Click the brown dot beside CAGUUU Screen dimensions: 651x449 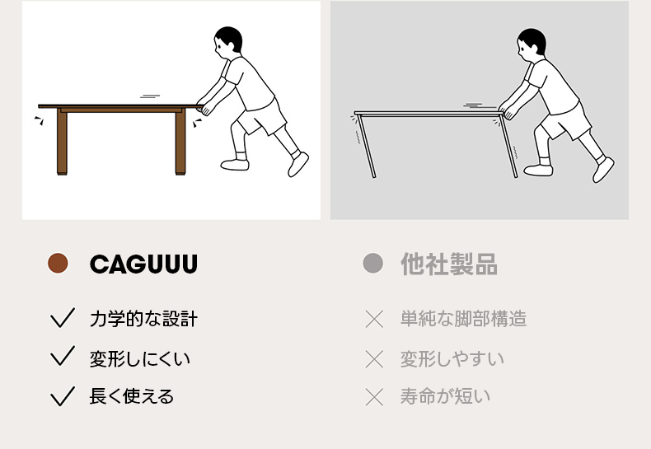(x=58, y=263)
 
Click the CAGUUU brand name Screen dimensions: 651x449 (x=143, y=264)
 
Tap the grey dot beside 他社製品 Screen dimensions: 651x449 (x=372, y=263)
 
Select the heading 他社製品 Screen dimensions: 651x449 (x=449, y=264)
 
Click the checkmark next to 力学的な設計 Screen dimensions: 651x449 (x=63, y=318)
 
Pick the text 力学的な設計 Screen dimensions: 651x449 (x=143, y=319)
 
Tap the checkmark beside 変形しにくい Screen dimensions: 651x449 (x=63, y=356)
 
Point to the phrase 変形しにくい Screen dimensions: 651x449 (x=140, y=358)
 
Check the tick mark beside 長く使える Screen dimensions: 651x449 (x=63, y=396)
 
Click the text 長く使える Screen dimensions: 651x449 (x=132, y=396)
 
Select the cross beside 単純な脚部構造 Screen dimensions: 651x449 (x=374, y=319)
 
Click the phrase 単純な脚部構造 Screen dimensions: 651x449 (x=464, y=319)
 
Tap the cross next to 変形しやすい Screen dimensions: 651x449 (x=374, y=359)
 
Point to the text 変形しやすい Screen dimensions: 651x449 (x=452, y=358)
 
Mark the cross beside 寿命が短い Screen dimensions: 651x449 (x=374, y=397)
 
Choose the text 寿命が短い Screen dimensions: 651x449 (x=445, y=396)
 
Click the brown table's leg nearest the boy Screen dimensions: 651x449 (x=180, y=142)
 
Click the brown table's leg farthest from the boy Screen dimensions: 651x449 (x=62, y=142)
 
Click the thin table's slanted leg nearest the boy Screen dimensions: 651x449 (x=509, y=145)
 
